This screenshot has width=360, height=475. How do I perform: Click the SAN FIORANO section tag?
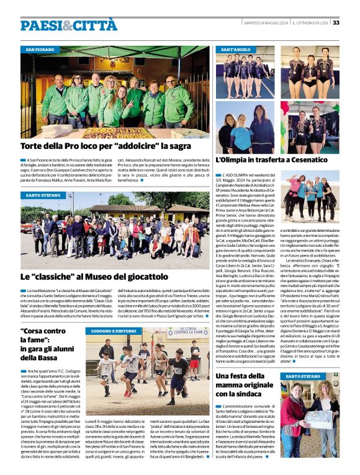pos(40,49)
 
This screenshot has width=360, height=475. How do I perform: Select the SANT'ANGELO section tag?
pos(236,49)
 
